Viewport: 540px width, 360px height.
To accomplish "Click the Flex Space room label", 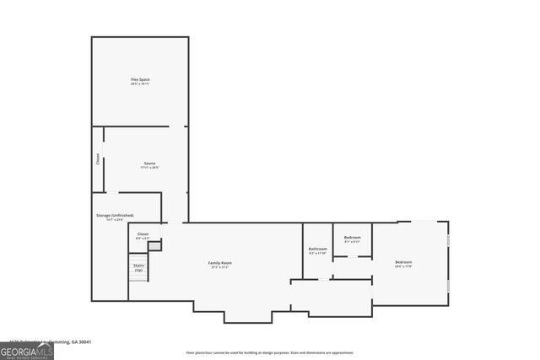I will (140, 79).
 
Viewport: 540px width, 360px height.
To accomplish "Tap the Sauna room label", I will (149, 163).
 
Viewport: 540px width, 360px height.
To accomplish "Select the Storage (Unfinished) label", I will (115, 215).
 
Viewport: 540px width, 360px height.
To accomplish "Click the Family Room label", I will (220, 262).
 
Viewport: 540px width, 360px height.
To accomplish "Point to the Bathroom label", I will (317, 249).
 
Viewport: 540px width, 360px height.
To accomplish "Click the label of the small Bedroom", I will (353, 237).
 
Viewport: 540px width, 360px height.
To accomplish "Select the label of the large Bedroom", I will (404, 262).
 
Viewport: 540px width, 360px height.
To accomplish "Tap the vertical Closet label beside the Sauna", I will (98, 158).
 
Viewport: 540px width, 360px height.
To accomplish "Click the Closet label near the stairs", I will (143, 234).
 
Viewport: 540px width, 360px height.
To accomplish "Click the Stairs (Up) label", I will (138, 266).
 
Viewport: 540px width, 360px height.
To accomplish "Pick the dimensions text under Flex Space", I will (140, 84).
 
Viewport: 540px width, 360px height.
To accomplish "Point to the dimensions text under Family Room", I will (220, 267).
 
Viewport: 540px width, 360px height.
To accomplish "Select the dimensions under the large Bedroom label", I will (404, 267).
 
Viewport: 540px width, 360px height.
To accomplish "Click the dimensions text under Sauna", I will (149, 168).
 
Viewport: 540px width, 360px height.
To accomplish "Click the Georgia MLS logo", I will (27, 351).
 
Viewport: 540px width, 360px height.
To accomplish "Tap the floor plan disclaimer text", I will (270, 352).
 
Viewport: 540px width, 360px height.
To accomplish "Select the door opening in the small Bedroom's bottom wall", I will (353, 256).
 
